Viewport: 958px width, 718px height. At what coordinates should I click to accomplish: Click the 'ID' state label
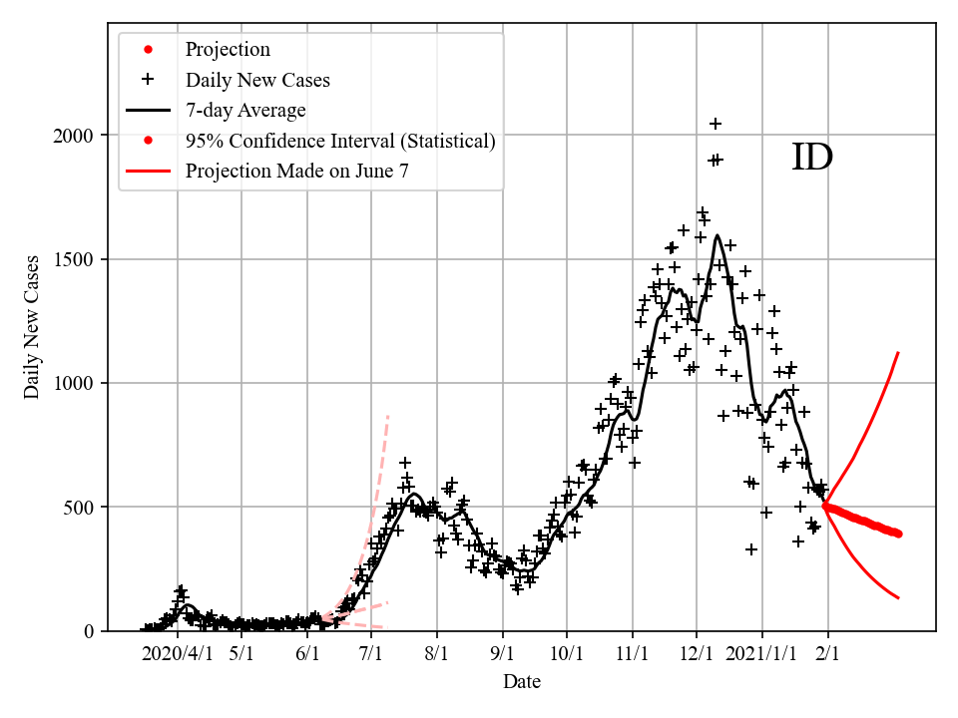click(x=811, y=158)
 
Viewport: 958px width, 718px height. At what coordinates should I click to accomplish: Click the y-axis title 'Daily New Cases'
click(x=33, y=327)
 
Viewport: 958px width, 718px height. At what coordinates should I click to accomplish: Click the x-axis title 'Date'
click(x=522, y=682)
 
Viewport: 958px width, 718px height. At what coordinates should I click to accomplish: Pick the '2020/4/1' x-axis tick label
click(x=178, y=654)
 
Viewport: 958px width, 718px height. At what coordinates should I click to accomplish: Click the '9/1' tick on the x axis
click(x=503, y=654)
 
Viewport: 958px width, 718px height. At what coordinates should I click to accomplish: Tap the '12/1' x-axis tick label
click(x=698, y=654)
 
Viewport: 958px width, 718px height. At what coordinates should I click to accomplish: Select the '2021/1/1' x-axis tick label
click(x=762, y=654)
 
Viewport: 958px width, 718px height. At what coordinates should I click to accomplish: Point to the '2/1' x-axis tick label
click(x=827, y=654)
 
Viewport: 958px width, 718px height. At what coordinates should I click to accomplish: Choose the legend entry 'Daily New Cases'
click(x=257, y=80)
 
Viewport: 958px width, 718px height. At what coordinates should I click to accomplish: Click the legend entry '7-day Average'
click(x=245, y=110)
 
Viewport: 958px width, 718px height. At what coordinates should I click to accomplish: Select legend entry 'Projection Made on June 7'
click(x=296, y=171)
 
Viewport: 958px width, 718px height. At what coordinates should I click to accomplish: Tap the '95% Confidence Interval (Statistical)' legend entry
click(x=340, y=141)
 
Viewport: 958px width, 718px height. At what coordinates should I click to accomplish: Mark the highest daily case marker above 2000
click(x=716, y=124)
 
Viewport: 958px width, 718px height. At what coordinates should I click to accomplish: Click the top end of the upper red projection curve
click(x=899, y=353)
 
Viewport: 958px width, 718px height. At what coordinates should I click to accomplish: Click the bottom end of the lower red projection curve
click(x=899, y=597)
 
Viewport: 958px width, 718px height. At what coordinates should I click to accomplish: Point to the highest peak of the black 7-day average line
click(x=718, y=236)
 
